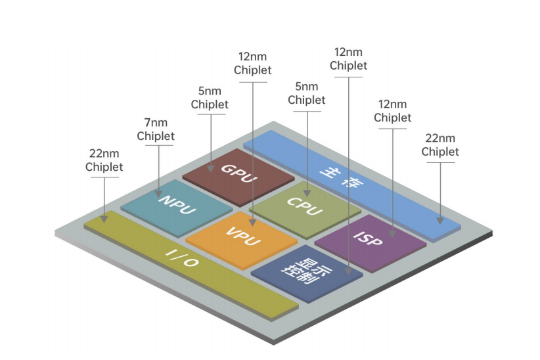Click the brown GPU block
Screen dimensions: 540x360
click(238, 177)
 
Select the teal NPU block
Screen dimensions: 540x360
click(177, 208)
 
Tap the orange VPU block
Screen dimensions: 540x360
click(241, 240)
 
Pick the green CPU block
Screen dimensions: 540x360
click(305, 210)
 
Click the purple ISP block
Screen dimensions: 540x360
click(371, 243)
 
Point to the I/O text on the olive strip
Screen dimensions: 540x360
click(182, 259)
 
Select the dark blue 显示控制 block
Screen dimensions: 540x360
click(307, 273)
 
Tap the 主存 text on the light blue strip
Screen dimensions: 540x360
click(341, 177)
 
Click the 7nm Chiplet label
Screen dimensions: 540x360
click(156, 129)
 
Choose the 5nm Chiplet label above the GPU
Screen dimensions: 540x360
click(210, 98)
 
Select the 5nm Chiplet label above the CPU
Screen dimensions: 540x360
click(307, 93)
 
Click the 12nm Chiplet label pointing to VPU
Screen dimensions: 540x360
click(252, 63)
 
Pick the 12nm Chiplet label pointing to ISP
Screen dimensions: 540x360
click(393, 111)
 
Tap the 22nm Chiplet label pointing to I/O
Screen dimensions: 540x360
click(104, 160)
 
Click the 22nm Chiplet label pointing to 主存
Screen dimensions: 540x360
click(440, 145)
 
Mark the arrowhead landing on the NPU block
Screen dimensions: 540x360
click(159, 193)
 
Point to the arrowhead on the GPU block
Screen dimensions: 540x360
click(211, 168)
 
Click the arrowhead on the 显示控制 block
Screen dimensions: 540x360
click(348, 271)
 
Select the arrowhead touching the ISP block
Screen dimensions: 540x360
click(393, 233)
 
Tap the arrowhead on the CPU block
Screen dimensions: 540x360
click(307, 193)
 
